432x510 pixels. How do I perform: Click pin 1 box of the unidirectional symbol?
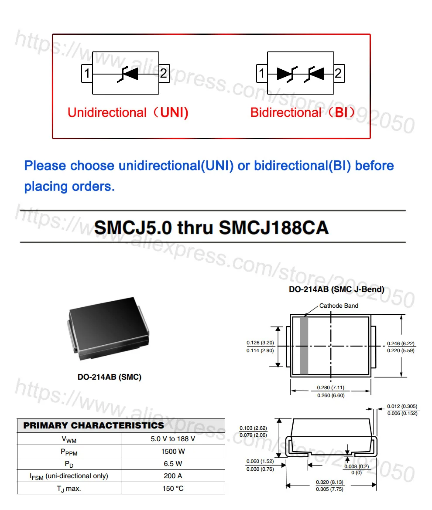pyautogui.click(x=87, y=74)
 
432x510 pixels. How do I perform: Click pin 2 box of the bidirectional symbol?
pyautogui.click(x=339, y=73)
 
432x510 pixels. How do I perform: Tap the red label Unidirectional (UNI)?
pyautogui.click(x=128, y=112)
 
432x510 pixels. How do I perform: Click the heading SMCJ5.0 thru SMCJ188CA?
pyautogui.click(x=212, y=228)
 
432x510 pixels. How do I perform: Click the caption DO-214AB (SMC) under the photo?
pyautogui.click(x=110, y=377)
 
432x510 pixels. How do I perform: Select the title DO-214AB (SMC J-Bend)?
pyautogui.click(x=336, y=289)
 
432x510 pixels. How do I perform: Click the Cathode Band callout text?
pyautogui.click(x=339, y=306)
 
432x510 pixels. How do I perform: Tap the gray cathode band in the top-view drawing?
pyautogui.click(x=304, y=346)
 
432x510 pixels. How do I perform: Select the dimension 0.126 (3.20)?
pyautogui.click(x=260, y=343)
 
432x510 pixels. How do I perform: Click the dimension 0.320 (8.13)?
pyautogui.click(x=330, y=482)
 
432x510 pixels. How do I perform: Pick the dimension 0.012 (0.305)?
pyautogui.click(x=402, y=406)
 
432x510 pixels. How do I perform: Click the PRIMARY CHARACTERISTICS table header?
pyautogui.click(x=94, y=425)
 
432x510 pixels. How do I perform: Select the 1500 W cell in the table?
pyautogui.click(x=173, y=451)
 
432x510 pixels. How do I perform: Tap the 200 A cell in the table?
pyautogui.click(x=173, y=476)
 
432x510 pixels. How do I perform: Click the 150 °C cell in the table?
pyautogui.click(x=173, y=488)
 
